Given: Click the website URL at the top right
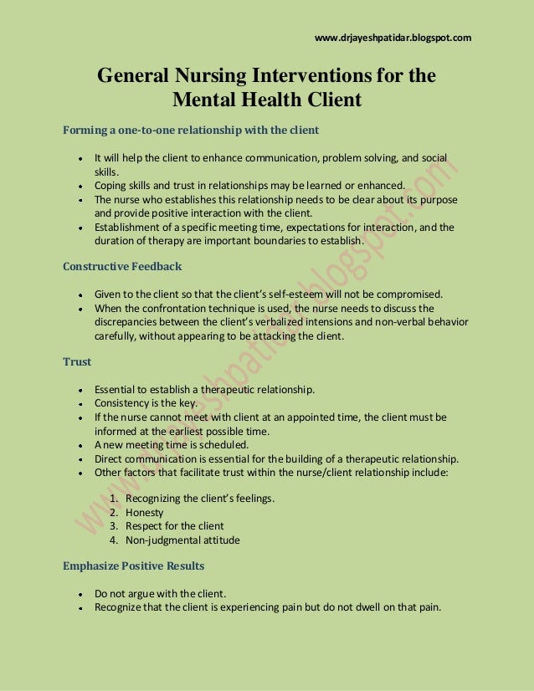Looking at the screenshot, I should tap(393, 38).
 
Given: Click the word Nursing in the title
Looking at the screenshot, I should tap(207, 76).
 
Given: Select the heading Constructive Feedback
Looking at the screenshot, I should tap(122, 266).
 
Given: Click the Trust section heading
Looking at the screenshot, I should tap(77, 362).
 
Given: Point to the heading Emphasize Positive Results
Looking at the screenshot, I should tap(134, 566).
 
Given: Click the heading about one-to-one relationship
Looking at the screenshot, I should tap(192, 131).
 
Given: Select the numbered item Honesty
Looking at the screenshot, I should tap(145, 512).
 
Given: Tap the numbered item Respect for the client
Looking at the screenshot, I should tap(175, 526).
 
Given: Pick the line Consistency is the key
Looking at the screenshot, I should tap(146, 403).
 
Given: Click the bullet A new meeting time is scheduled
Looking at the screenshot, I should tap(171, 444).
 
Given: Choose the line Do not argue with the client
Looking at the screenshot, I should tap(160, 593).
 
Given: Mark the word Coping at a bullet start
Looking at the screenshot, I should tap(110, 186).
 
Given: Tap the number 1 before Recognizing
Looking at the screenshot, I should tap(114, 499).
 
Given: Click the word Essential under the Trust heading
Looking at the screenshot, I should tap(116, 389).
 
